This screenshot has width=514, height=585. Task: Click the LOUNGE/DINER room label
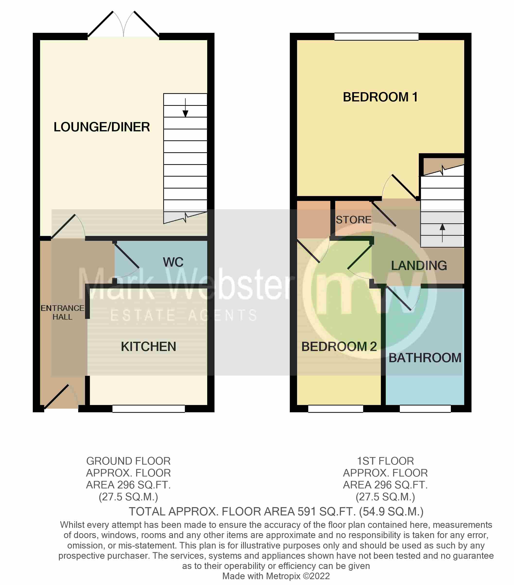[102, 127]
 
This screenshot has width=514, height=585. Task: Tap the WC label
[173, 262]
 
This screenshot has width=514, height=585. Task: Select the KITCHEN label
[148, 346]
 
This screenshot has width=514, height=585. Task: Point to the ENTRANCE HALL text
[62, 312]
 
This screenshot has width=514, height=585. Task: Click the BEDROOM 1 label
[380, 97]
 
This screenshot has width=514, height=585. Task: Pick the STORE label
[353, 219]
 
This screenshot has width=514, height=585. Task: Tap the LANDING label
[419, 265]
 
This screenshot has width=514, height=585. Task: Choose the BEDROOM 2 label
[339, 346]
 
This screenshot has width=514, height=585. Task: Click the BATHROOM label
[425, 358]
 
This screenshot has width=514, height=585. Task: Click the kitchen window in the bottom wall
[148, 408]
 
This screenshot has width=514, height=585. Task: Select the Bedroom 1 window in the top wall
[376, 36]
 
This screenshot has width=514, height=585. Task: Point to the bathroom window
[425, 408]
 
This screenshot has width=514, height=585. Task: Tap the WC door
[126, 256]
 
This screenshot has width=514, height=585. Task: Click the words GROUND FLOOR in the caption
[128, 461]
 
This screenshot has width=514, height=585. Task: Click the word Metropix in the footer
[283, 576]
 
